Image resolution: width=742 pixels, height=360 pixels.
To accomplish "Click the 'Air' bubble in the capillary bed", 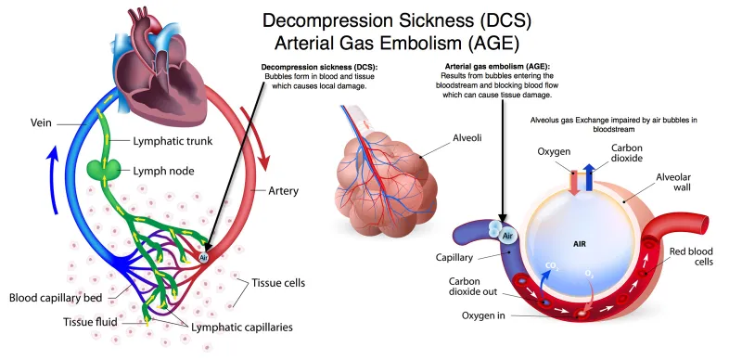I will [204, 257].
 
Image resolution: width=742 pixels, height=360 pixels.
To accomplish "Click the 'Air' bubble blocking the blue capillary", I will [506, 236].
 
